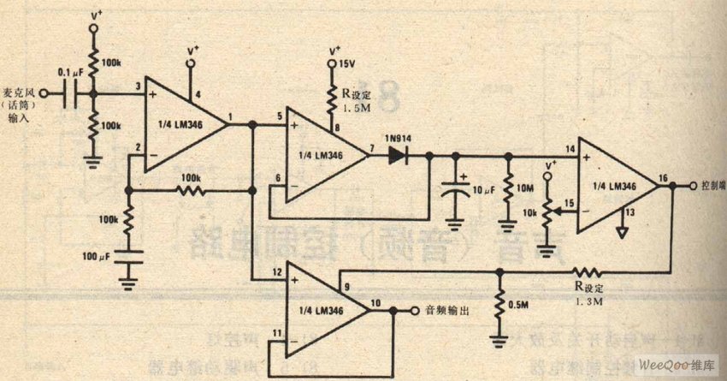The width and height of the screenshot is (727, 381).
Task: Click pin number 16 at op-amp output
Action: (662, 178)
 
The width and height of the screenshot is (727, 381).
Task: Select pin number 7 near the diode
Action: (370, 148)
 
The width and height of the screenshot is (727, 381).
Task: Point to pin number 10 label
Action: (376, 301)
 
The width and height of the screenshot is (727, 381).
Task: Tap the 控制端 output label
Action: (712, 185)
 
